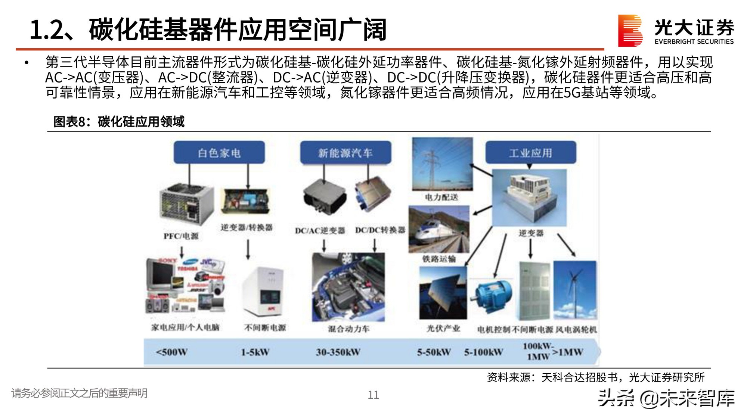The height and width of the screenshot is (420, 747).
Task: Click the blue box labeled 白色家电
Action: pos(219,152)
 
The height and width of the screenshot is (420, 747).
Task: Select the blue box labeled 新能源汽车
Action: pos(345,152)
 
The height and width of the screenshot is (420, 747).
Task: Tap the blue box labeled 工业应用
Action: pos(530,152)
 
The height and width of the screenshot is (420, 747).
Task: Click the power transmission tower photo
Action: pos(442,164)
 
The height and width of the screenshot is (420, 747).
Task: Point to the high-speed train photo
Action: pos(439,230)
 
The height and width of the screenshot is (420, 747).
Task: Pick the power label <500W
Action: pos(171,352)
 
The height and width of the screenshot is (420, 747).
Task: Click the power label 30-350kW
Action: pos(338,352)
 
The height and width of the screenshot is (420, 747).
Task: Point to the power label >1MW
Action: pos(568,352)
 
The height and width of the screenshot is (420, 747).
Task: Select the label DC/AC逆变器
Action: pos(320,231)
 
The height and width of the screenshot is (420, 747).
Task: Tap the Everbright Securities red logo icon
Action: pos(630,31)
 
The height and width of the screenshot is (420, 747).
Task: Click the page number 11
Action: pos(373,395)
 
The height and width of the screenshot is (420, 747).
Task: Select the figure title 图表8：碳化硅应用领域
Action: pos(119,122)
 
